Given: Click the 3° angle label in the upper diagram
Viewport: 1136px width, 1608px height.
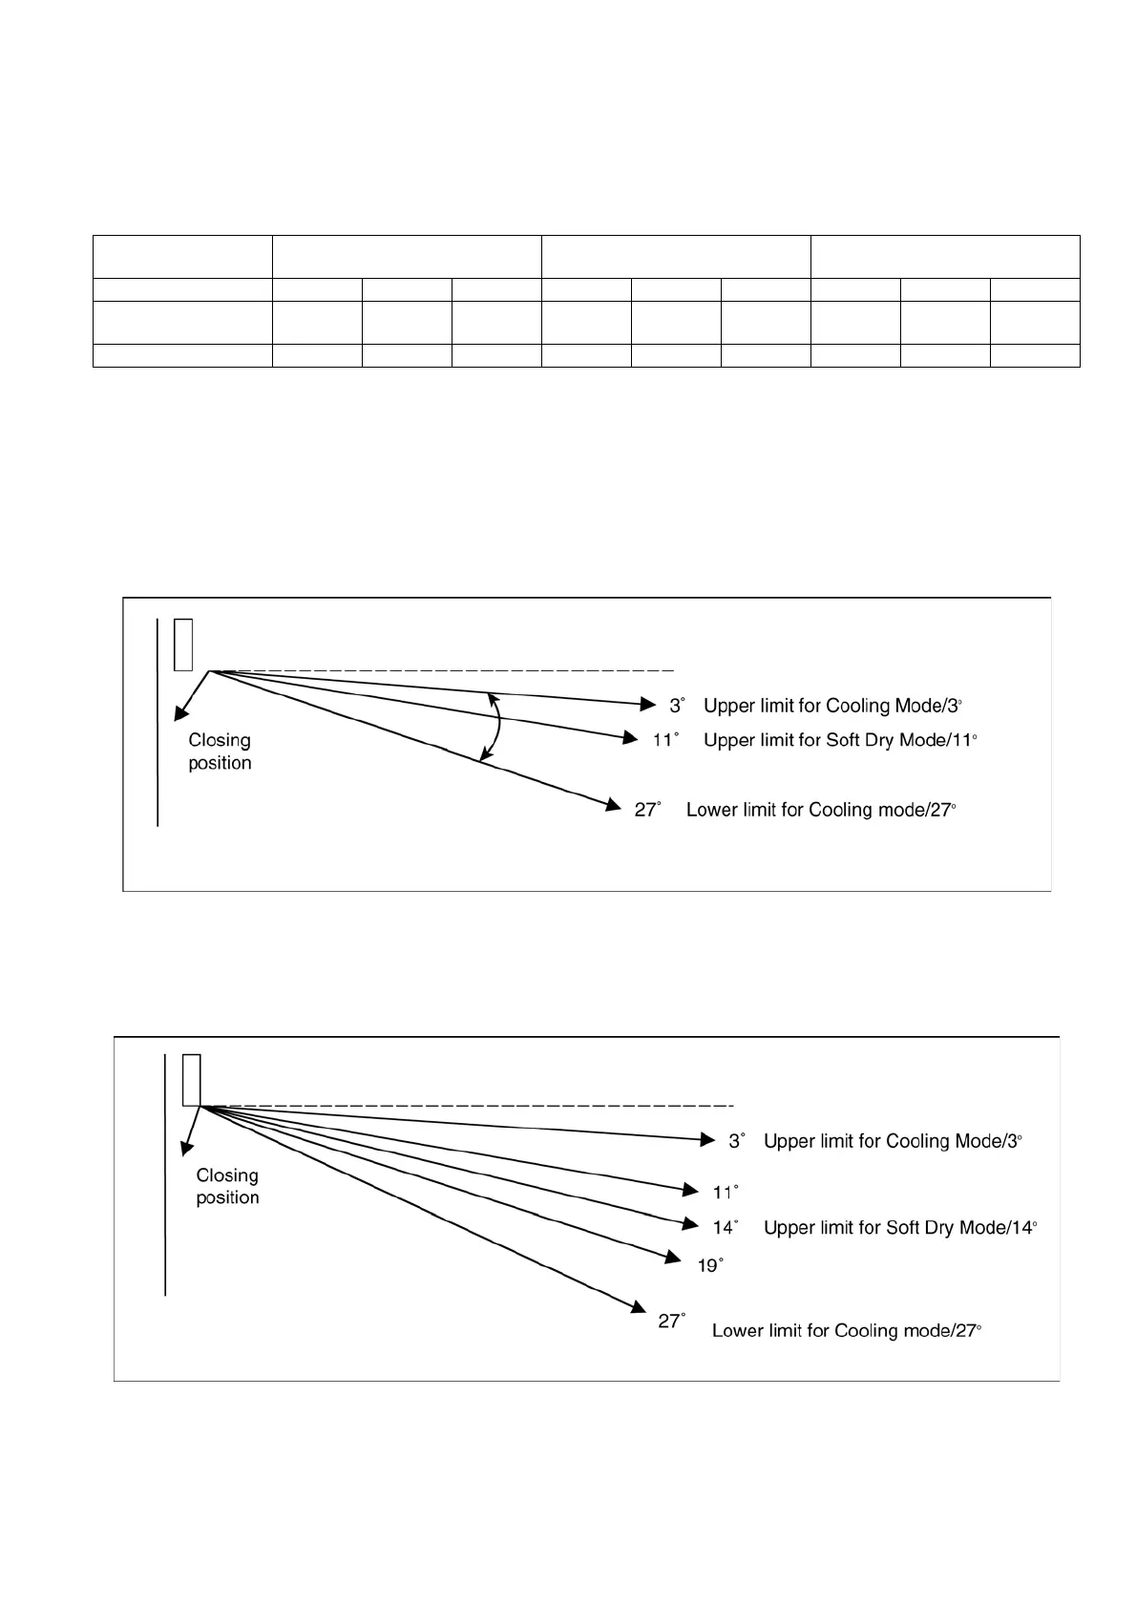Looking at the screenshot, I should (676, 706).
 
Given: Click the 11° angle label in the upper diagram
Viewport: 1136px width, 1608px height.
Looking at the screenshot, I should (665, 740).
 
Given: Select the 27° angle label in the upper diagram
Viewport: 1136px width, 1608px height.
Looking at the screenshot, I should (647, 810).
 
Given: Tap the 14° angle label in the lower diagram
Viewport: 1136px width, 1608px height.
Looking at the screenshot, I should (726, 1228).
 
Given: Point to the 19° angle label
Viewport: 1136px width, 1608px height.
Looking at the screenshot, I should (710, 1265).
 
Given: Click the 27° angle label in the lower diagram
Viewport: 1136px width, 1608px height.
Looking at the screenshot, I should (672, 1321).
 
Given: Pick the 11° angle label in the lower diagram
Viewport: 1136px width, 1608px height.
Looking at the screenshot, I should (726, 1192).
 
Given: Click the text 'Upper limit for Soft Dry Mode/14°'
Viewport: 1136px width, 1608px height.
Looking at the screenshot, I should (900, 1228).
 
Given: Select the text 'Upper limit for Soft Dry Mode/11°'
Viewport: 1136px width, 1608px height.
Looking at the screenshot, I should (840, 740).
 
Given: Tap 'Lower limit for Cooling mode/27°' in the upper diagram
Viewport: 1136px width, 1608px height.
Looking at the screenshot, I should (821, 810).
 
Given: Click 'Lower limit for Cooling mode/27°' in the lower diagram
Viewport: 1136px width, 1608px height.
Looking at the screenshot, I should (847, 1330).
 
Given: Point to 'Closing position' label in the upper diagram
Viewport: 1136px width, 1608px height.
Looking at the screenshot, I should (220, 751).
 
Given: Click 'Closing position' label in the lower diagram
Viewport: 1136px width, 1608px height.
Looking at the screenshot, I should (227, 1186).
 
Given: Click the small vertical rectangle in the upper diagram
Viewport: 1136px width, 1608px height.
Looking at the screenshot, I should (184, 645).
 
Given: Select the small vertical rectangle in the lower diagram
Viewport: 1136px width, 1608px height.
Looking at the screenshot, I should (192, 1079).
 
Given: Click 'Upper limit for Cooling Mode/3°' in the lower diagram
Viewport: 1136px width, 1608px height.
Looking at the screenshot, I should (893, 1141).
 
